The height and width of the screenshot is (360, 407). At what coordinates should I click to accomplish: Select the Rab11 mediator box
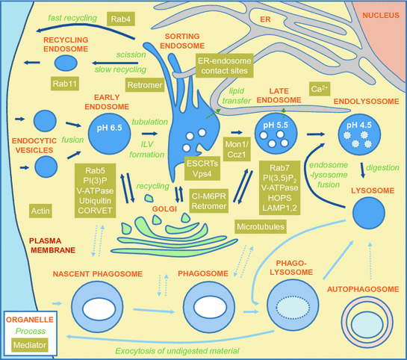click(66, 84)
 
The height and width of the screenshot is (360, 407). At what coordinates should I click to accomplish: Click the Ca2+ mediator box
click(320, 90)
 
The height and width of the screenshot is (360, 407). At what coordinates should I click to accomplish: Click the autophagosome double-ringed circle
click(364, 317)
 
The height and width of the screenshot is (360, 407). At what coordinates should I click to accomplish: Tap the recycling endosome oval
click(66, 63)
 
